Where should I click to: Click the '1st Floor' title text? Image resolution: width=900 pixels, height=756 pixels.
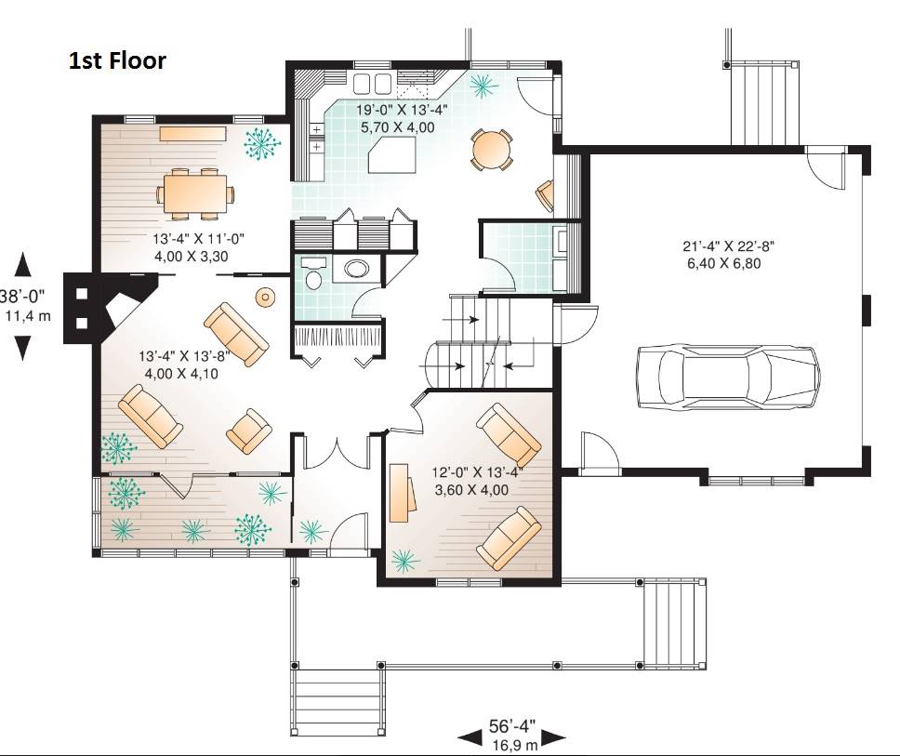pos(117,60)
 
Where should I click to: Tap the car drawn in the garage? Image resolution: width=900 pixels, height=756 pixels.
pos(728,377)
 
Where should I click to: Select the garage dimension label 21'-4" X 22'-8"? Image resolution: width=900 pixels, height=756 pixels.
pos(728,246)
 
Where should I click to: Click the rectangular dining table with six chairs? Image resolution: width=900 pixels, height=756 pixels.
pos(195,194)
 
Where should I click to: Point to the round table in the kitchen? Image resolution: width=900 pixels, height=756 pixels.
pos(491,150)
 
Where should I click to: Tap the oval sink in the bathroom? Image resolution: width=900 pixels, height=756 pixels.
pos(357,270)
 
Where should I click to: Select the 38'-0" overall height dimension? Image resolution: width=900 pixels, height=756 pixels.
pos(23,297)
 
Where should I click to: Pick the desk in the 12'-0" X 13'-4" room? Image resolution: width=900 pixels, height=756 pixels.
pos(404,493)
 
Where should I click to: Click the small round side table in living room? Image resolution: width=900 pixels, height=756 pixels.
pos(265,297)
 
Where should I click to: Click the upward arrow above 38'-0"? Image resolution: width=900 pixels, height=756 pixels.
pos(22,265)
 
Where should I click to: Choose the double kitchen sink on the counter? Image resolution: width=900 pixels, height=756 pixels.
pos(371,84)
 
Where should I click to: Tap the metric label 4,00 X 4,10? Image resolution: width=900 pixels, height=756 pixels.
pos(181,374)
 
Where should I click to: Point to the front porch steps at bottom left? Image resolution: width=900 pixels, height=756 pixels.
pos(337,702)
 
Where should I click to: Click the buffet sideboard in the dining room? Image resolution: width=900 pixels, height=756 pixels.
pos(192,134)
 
